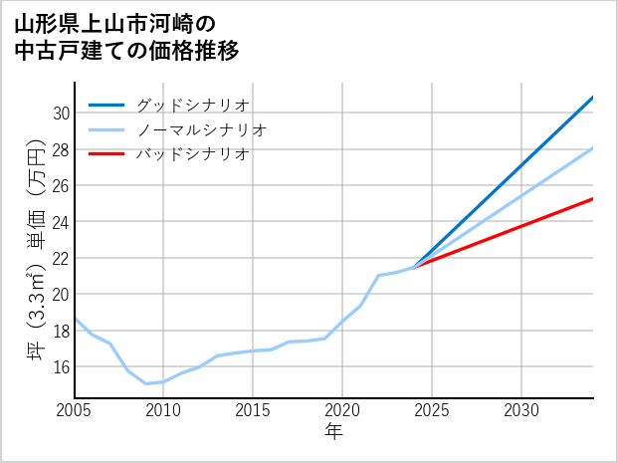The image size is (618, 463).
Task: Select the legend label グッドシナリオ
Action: coord(192,105)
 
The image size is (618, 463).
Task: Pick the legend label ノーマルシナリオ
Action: coord(202,129)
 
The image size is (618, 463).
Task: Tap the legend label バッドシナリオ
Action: coord(192,154)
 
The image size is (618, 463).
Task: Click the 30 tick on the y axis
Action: coord(61,114)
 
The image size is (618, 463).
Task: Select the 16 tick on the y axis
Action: coord(61,366)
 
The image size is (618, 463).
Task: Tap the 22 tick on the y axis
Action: coord(61,258)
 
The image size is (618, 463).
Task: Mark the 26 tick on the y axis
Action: coord(61,186)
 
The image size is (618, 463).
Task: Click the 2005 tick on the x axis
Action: coord(75,410)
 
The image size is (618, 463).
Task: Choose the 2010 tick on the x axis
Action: coord(163,410)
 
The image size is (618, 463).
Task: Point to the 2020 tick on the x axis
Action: coord(342,410)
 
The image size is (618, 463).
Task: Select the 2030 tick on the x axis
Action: coord(521,410)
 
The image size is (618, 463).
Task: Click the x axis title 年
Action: coord(333,431)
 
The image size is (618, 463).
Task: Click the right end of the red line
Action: coord(593,199)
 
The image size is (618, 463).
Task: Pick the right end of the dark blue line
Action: coord(593,98)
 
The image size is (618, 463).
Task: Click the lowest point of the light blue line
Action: coord(146,383)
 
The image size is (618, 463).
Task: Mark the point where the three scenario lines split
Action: coord(414,267)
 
